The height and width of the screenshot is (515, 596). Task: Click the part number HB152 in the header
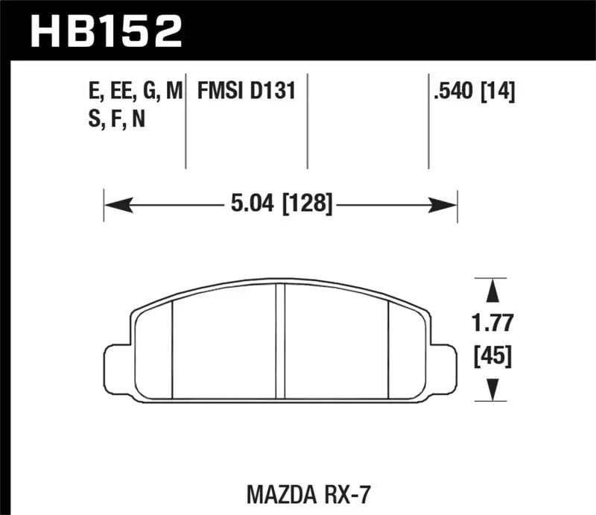click(104, 31)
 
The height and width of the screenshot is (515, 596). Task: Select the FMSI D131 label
click(247, 92)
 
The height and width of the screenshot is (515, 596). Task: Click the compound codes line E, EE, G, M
click(134, 92)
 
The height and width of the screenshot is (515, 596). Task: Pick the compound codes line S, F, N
click(115, 119)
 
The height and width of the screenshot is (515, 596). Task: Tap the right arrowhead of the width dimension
click(448, 202)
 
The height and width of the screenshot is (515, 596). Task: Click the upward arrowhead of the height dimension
click(492, 289)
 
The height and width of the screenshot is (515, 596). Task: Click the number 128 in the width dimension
click(307, 202)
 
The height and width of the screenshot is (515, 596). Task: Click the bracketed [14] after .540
click(497, 92)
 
